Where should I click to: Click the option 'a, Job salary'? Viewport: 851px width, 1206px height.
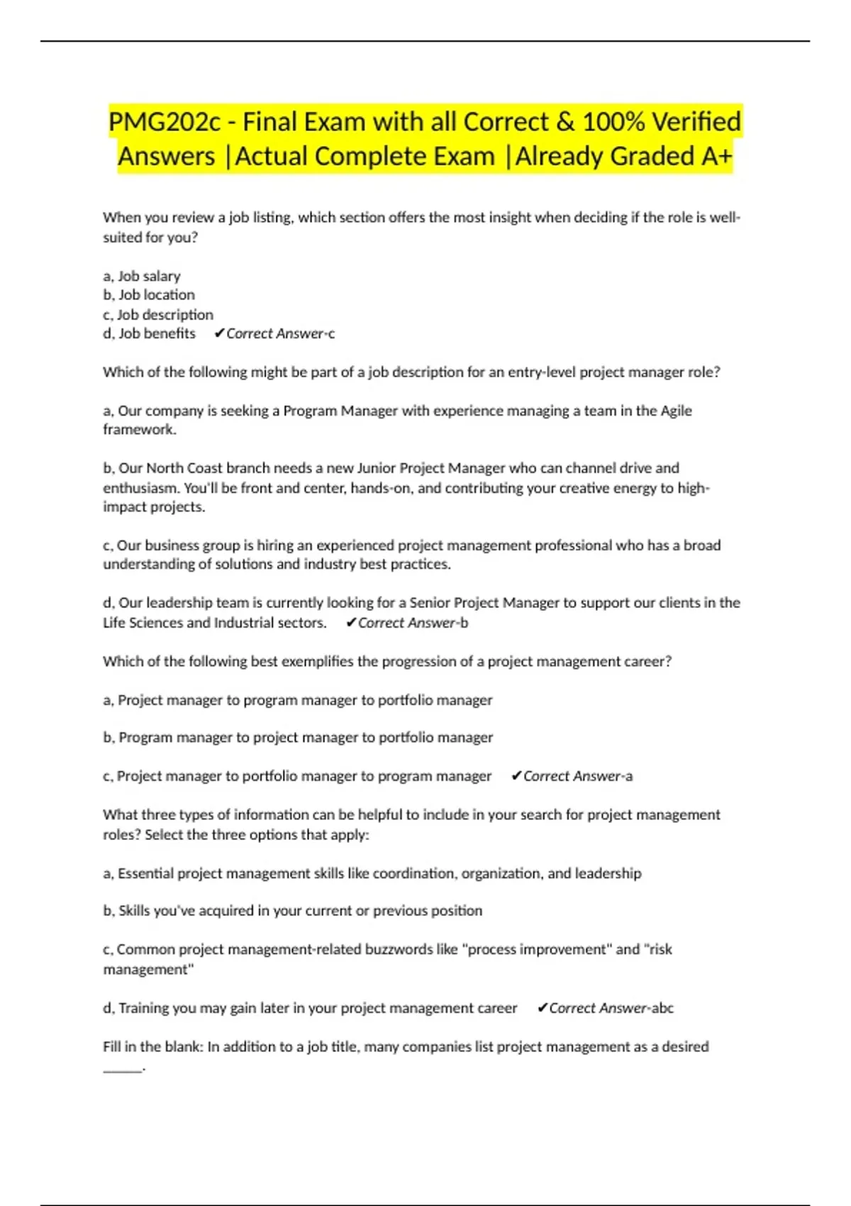click(x=142, y=276)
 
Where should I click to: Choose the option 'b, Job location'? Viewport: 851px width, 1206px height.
click(x=149, y=295)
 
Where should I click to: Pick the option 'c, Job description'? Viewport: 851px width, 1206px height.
click(x=158, y=314)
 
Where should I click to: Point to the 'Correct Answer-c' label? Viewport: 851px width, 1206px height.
click(x=280, y=333)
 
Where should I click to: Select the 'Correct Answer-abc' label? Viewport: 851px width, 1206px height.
click(x=611, y=1008)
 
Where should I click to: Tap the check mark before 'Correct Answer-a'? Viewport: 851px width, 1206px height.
click(x=516, y=776)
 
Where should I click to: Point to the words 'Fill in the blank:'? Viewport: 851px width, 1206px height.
click(x=152, y=1046)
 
